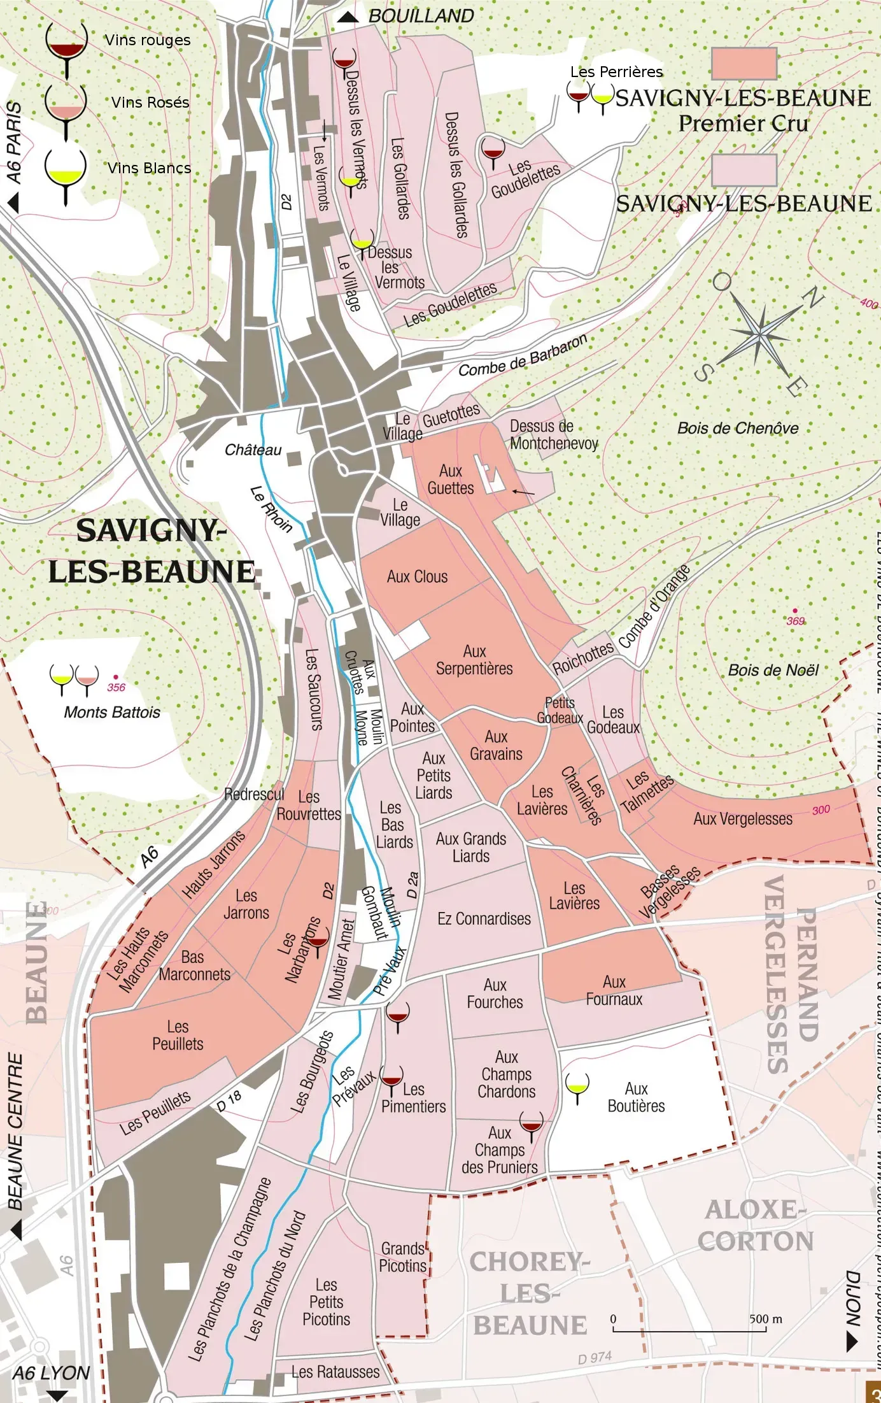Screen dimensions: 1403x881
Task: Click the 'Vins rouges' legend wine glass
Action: point(66,47)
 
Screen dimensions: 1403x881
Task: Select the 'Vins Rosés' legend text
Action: point(150,103)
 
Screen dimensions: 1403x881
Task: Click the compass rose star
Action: point(760,332)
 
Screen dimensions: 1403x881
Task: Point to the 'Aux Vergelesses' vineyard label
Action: point(742,819)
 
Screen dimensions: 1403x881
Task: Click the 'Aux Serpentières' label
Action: point(474,660)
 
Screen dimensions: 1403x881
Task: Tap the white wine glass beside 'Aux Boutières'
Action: point(577,1086)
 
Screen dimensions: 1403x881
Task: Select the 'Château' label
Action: point(253,450)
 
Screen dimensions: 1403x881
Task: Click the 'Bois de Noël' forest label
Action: point(773,671)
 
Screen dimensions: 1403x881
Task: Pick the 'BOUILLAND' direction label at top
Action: point(421,17)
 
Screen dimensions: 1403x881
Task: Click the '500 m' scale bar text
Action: point(765,1319)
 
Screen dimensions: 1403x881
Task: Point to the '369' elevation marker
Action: point(795,621)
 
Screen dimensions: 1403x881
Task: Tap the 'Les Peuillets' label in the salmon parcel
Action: point(178,1036)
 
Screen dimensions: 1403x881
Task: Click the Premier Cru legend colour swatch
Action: point(744,63)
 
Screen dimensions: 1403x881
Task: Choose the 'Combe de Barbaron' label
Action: point(523,356)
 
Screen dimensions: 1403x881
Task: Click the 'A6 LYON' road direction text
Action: point(51,1373)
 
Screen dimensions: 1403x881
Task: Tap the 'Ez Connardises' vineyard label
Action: point(484,919)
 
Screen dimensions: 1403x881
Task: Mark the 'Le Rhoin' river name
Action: point(271,509)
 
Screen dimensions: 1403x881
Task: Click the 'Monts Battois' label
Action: point(112,713)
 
